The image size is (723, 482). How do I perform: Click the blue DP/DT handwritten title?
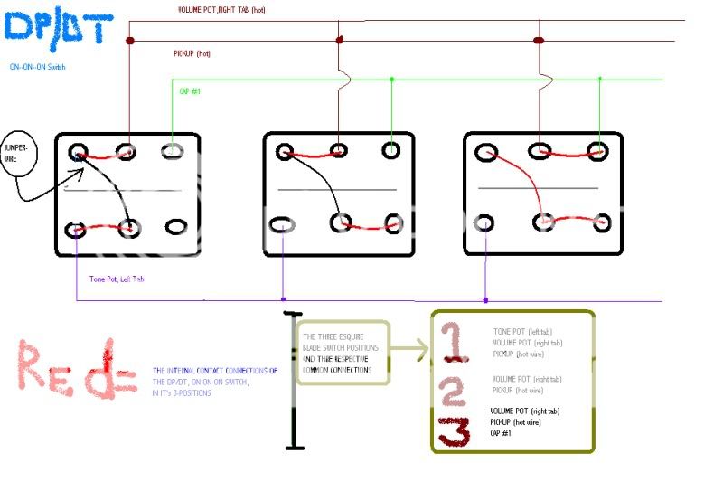(59, 29)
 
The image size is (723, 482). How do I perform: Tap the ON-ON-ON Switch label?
(38, 67)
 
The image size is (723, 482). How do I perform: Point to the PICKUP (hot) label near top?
(192, 54)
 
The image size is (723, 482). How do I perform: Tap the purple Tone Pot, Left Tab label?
(117, 279)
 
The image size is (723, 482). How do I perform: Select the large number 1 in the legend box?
(455, 344)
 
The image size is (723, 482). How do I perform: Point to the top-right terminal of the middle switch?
(390, 150)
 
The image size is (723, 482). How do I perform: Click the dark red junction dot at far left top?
(129, 41)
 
